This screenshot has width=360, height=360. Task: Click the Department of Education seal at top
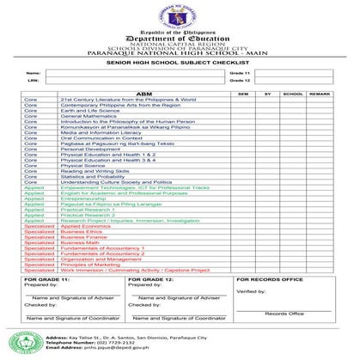click(x=180, y=17)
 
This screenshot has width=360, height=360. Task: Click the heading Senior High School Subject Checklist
click(x=180, y=63)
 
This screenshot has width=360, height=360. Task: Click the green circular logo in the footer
click(x=21, y=341)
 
